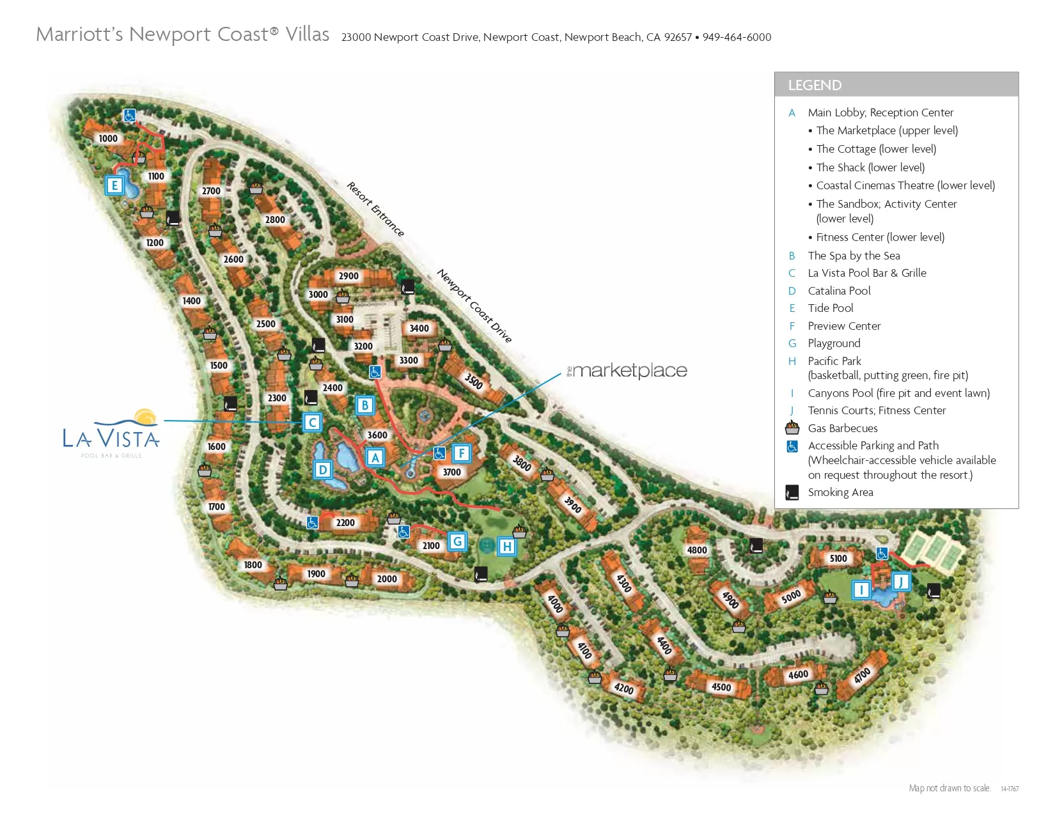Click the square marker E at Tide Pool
pyautogui.click(x=114, y=185)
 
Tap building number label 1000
pyautogui.click(x=108, y=139)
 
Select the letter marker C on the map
pyautogui.click(x=312, y=423)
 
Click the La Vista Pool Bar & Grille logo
pyautogui.click(x=112, y=434)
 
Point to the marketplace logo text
pyautogui.click(x=628, y=371)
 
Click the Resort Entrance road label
pyautogui.click(x=375, y=209)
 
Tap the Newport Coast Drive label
pyautogui.click(x=474, y=306)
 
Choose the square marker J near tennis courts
pyautogui.click(x=901, y=582)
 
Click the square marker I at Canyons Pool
pyautogui.click(x=861, y=589)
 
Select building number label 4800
pyautogui.click(x=697, y=550)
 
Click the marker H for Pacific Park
pyautogui.click(x=506, y=547)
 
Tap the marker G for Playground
pyautogui.click(x=457, y=541)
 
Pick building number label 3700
pyautogui.click(x=451, y=472)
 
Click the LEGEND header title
pyautogui.click(x=815, y=85)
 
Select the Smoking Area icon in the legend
pyautogui.click(x=792, y=492)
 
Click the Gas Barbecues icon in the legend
pyautogui.click(x=792, y=428)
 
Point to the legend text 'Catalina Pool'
pyautogui.click(x=839, y=291)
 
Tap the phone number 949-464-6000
pyautogui.click(x=737, y=37)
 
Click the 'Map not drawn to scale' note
pyautogui.click(x=949, y=788)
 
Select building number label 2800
pyautogui.click(x=275, y=220)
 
